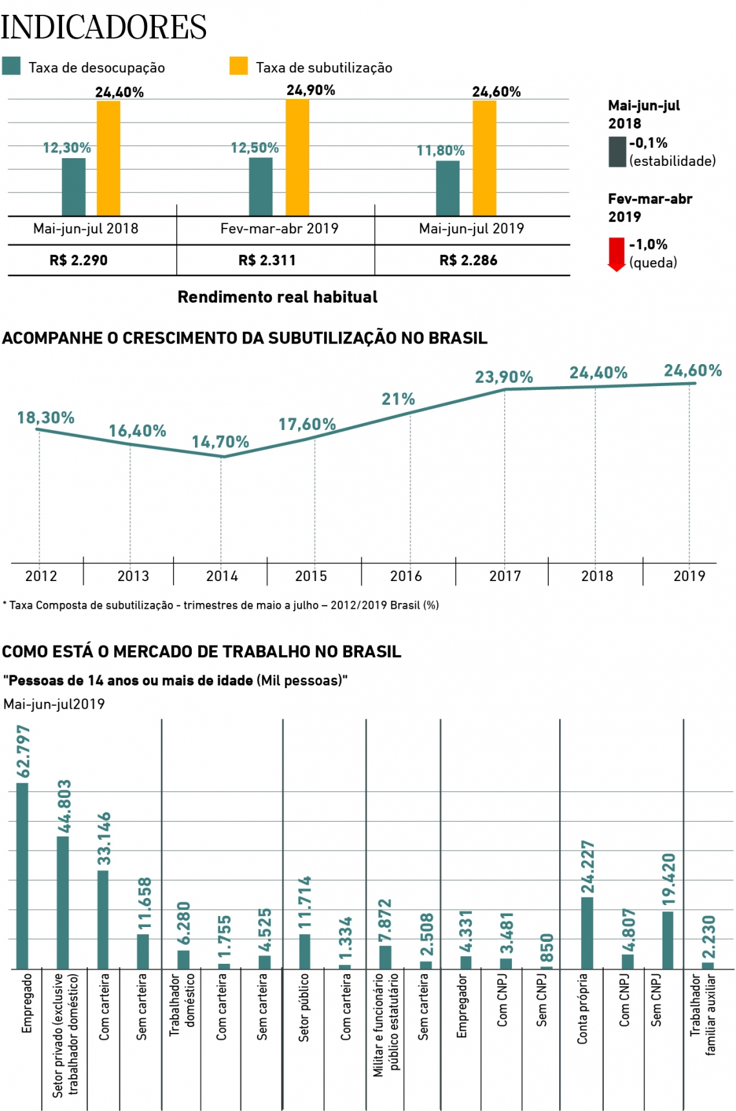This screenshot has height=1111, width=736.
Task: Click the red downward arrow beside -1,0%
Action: pyautogui.click(x=617, y=254)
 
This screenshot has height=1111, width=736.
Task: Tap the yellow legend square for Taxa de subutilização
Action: pyautogui.click(x=239, y=66)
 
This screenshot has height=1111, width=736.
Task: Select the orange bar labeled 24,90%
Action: pyautogui.click(x=297, y=158)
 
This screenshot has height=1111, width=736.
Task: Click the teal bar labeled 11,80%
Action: pyautogui.click(x=447, y=188)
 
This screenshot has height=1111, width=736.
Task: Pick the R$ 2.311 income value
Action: pyautogui.click(x=267, y=260)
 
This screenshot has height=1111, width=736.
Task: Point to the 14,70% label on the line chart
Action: pyautogui.click(x=220, y=442)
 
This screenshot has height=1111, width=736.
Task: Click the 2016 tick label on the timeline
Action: pyautogui.click(x=406, y=576)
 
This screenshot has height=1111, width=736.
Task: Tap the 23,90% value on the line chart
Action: pyautogui.click(x=504, y=377)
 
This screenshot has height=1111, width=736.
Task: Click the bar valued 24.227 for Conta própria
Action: pyautogui.click(x=587, y=933)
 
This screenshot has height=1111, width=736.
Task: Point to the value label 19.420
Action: pyautogui.click(x=668, y=879)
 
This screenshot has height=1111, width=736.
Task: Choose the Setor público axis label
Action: pyautogui.click(x=304, y=1007)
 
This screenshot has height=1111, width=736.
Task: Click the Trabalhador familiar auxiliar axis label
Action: pyautogui.click(x=703, y=1014)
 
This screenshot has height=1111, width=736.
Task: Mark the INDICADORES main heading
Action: pyautogui.click(x=103, y=27)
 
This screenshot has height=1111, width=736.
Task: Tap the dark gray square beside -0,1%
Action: pyautogui.click(x=617, y=152)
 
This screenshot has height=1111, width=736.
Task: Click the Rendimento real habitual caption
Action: pyautogui.click(x=278, y=297)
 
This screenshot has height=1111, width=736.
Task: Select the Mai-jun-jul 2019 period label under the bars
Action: pyautogui.click(x=471, y=229)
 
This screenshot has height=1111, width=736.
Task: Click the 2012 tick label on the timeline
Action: pyautogui.click(x=41, y=576)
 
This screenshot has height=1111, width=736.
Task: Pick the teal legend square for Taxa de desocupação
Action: pyautogui.click(x=12, y=66)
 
